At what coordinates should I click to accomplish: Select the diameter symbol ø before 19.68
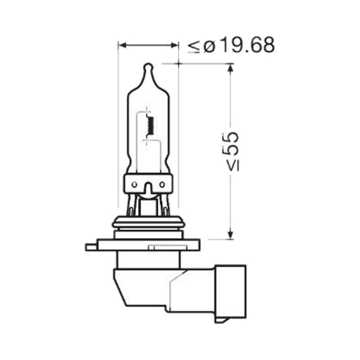(x=209, y=47)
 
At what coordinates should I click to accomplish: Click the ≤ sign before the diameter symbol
(x=194, y=47)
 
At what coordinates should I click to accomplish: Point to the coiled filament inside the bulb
(x=151, y=126)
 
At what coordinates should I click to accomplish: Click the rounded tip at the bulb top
(x=148, y=67)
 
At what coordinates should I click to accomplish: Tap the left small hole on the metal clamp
(x=135, y=184)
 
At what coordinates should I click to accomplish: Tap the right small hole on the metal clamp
(x=162, y=184)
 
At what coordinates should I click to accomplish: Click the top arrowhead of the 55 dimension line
(x=231, y=68)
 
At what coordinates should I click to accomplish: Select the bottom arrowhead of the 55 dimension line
(x=231, y=234)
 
